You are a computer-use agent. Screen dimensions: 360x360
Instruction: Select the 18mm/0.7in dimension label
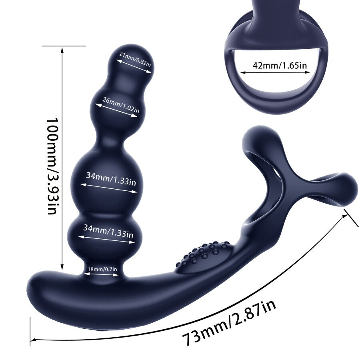pyautogui.click(x=102, y=269)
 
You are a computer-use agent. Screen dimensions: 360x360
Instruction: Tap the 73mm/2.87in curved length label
pyautogui.click(x=229, y=323)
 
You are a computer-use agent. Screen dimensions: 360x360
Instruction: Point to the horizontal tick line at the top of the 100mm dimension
pyautogui.click(x=64, y=46)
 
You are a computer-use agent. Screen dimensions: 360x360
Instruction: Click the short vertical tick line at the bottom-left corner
pyautogui.click(x=30, y=331)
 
